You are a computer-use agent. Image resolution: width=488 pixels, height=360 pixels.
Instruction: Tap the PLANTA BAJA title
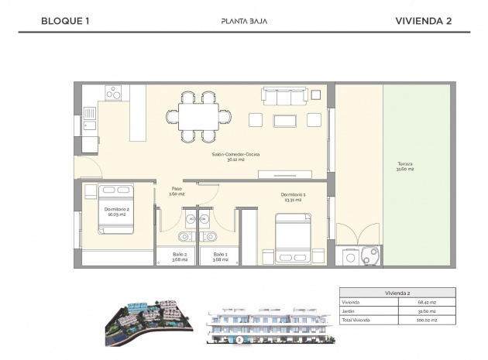click(x=243, y=22)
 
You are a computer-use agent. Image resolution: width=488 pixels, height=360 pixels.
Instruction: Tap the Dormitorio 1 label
click(x=293, y=197)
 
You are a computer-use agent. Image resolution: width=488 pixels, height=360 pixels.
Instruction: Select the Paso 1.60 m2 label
click(x=177, y=191)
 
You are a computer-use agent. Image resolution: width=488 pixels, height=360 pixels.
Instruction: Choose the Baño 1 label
click(x=220, y=256)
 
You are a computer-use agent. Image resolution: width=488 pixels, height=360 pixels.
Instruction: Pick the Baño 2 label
click(x=180, y=256)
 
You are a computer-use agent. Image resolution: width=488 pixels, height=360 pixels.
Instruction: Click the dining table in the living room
click(x=199, y=117)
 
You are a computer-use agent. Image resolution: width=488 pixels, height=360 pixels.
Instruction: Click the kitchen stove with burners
click(x=114, y=92)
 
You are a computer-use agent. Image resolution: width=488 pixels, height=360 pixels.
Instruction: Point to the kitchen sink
click(x=90, y=119)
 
